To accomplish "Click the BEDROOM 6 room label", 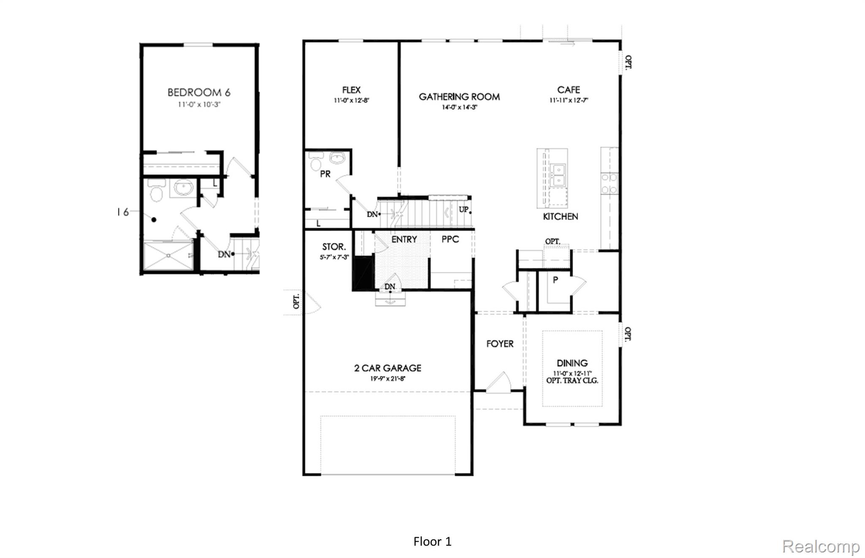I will coord(199,93).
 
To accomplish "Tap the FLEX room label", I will coord(351,90).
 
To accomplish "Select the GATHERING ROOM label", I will coord(459,97).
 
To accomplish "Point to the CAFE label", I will coord(569,90).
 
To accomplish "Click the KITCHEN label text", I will coord(560,216).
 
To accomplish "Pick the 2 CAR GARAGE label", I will coord(388,368).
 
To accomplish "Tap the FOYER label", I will coord(500,344).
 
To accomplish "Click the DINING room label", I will coord(572,363).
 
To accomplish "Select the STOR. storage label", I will coord(334,247).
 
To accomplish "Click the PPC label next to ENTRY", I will coord(450,239).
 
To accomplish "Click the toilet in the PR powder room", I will coord(316,163).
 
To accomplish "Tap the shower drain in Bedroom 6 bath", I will coord(169,255).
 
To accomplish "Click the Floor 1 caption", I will coord(432,542).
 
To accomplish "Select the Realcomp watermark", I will coord(820,546).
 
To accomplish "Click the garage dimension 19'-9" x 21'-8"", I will coord(388,378).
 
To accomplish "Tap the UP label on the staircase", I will coord(463,210).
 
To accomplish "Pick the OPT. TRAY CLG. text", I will coord(572,381).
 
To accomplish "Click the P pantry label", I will coord(555,280).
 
